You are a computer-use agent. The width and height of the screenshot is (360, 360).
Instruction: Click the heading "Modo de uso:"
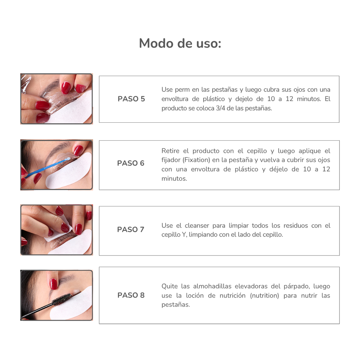pos(180,44)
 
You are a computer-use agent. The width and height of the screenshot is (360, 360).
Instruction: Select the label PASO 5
pos(131,99)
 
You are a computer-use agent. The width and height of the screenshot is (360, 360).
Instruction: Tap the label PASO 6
pos(131,163)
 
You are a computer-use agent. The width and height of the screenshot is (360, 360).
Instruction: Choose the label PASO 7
pos(131,230)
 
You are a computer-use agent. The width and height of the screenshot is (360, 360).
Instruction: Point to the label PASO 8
pos(131,295)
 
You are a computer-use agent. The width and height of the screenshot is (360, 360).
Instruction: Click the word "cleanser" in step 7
pos(197,226)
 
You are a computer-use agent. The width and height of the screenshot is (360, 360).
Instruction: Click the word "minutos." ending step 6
pos(174,178)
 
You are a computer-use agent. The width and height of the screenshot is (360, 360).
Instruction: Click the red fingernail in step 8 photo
pos(53,283)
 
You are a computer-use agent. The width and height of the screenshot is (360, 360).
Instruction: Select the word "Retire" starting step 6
pos(171,151)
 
